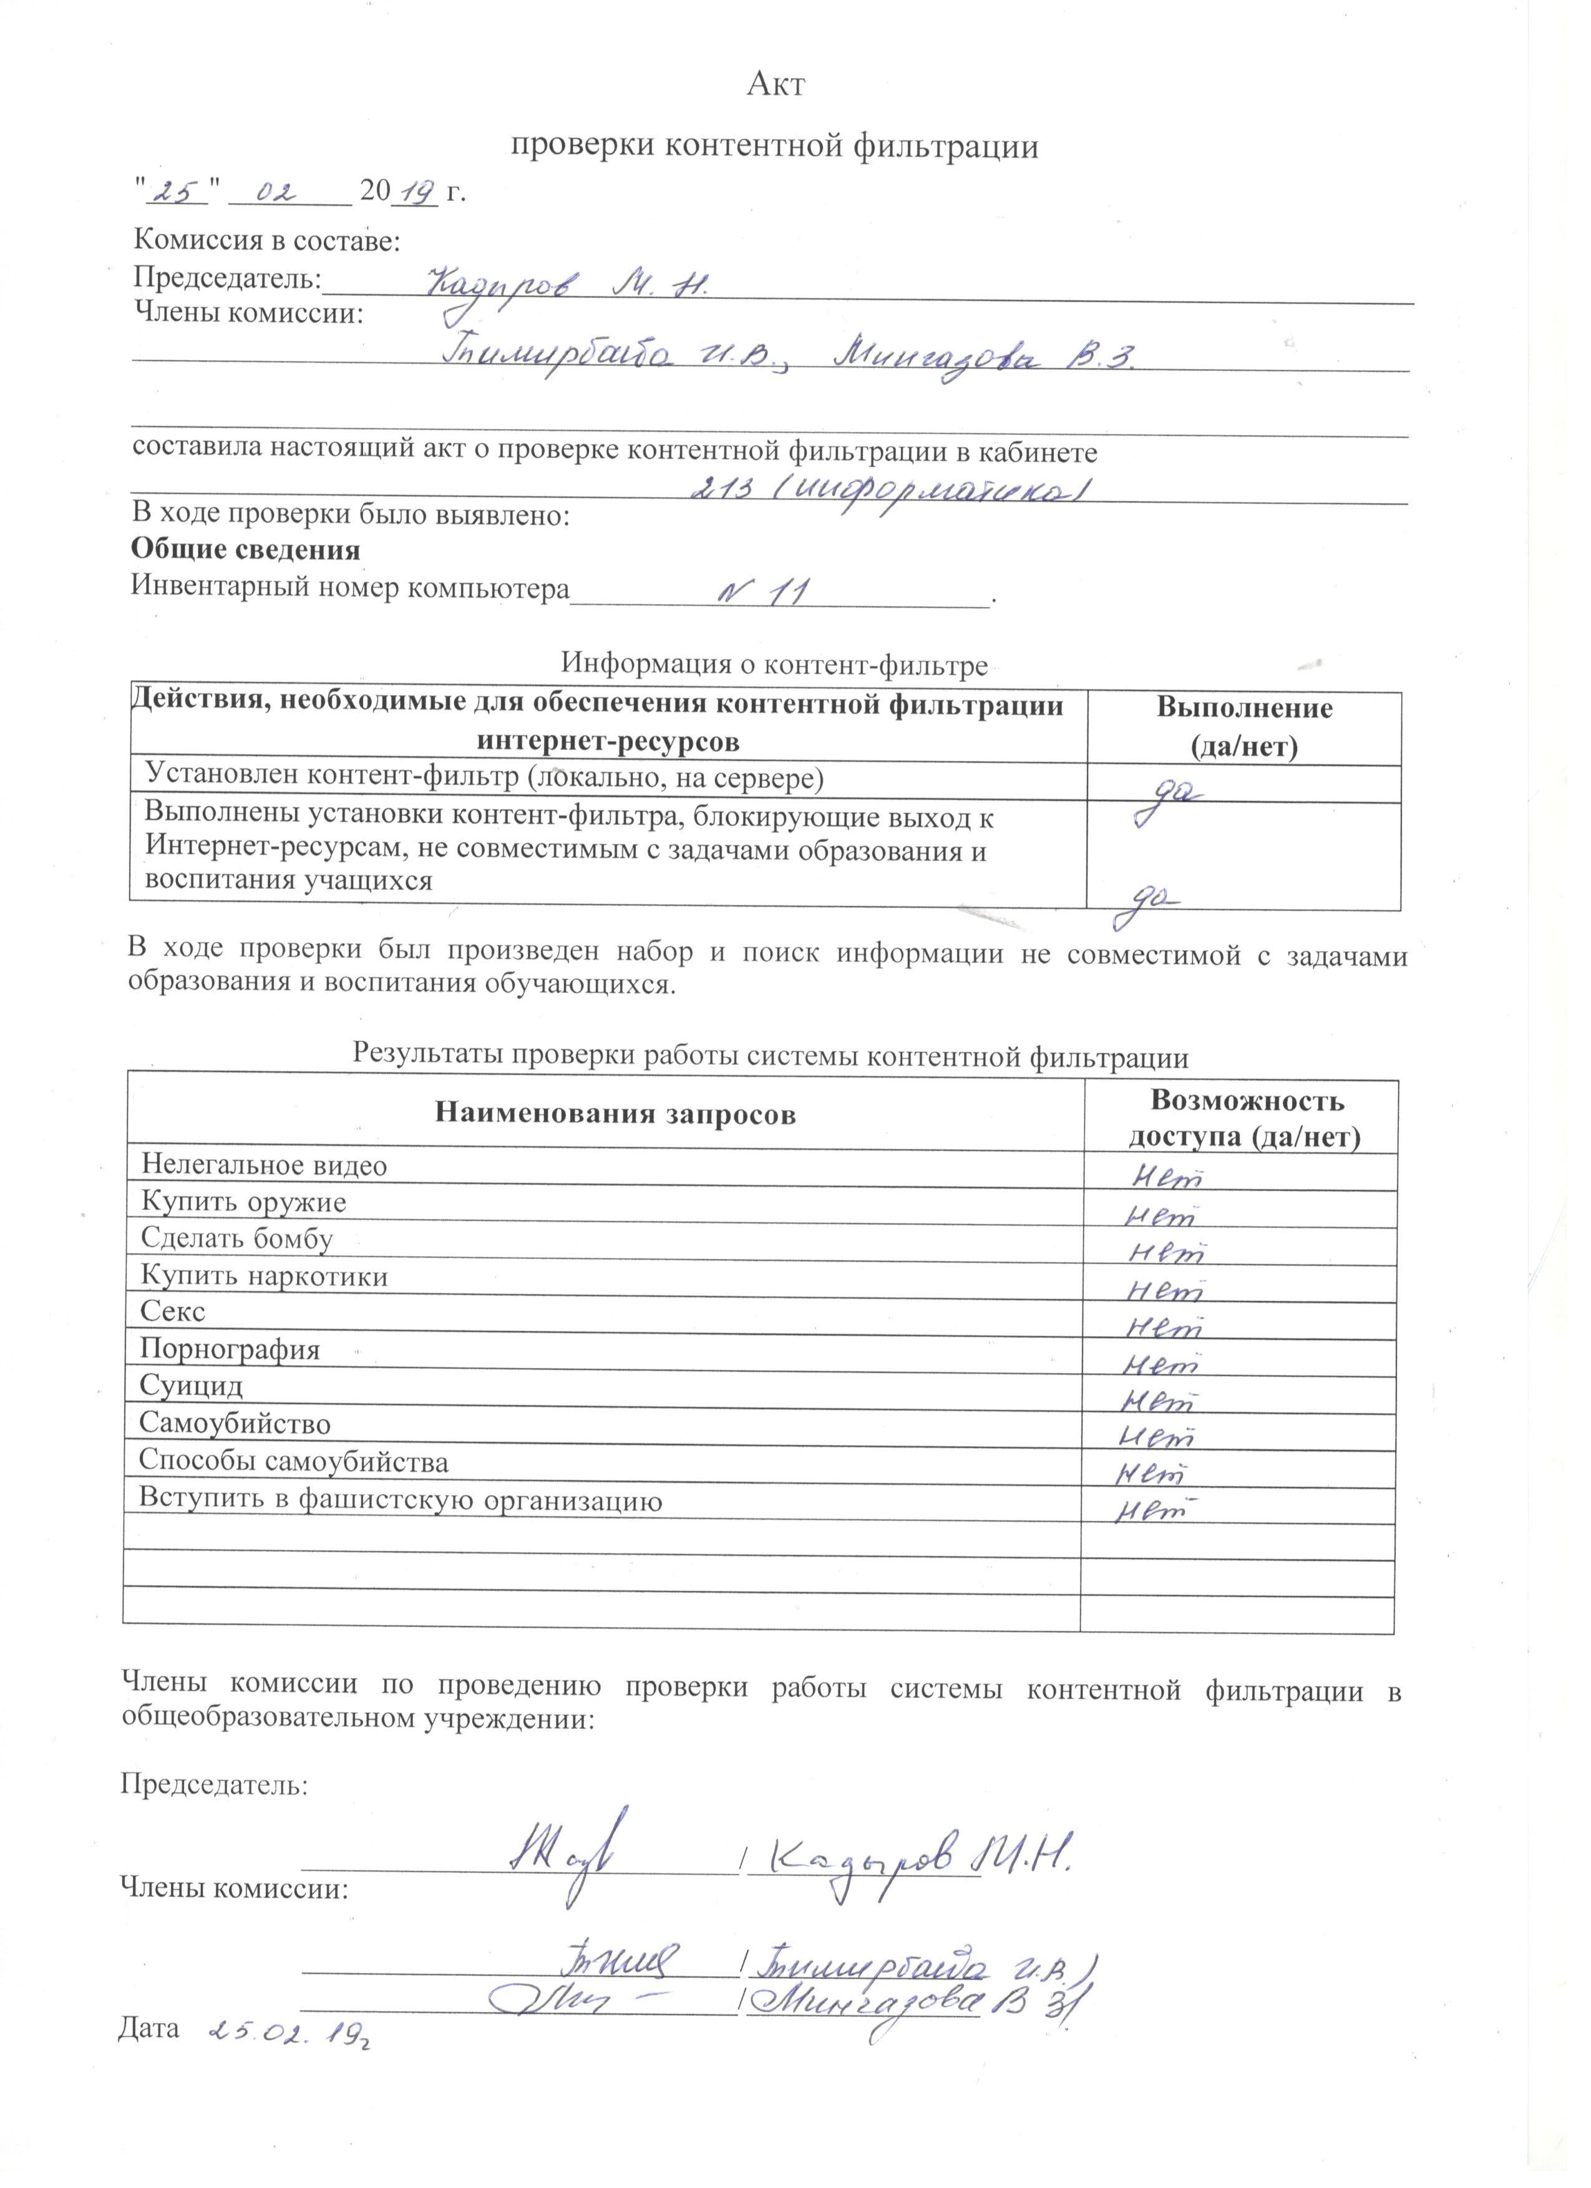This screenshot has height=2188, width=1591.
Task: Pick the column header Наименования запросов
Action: point(616,1116)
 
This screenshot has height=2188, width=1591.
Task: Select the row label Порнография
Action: point(230,1349)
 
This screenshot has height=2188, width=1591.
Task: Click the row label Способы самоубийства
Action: point(293,1462)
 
